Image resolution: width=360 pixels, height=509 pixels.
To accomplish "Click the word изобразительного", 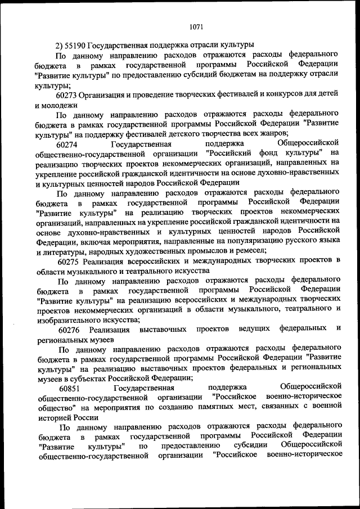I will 64,318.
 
